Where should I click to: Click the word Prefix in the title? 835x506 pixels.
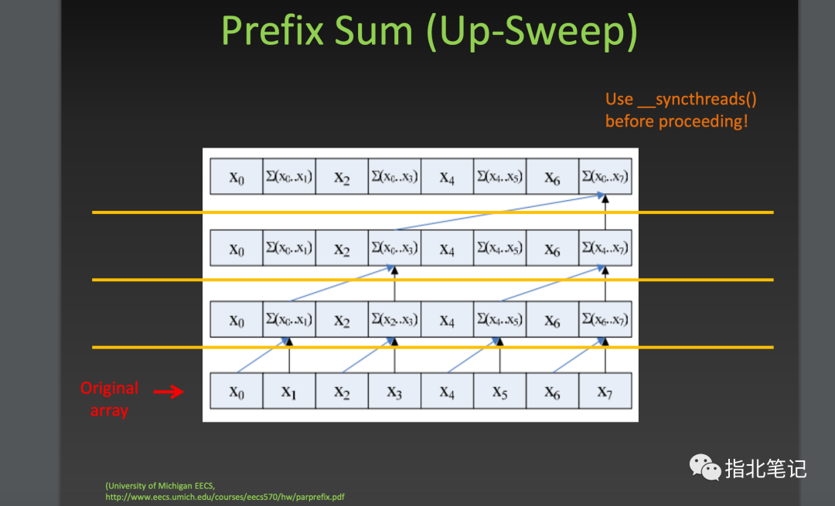tap(273, 31)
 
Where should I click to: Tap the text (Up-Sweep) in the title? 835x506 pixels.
tap(531, 32)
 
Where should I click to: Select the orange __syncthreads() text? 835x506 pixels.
tap(697, 100)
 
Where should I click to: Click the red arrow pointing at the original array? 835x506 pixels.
tap(169, 392)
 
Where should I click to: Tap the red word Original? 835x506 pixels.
tap(109, 389)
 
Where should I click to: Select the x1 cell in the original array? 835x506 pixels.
tap(289, 391)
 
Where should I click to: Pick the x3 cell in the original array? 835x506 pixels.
tap(394, 391)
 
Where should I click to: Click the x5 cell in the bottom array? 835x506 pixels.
tap(500, 391)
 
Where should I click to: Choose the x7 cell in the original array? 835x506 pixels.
tap(605, 391)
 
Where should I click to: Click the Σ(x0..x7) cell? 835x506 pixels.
tap(605, 176)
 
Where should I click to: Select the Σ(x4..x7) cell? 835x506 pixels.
tap(605, 248)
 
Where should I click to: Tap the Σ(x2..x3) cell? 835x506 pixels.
tap(394, 319)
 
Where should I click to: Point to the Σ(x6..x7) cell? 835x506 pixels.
tap(605, 319)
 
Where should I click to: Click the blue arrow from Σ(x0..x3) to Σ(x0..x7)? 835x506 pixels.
tap(499, 212)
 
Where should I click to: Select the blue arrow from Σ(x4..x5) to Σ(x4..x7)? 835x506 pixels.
tap(552, 284)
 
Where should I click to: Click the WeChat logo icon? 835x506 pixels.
tap(705, 467)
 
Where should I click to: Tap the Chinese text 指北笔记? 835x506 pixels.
tap(765, 469)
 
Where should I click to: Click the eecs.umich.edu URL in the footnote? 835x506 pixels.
tap(225, 497)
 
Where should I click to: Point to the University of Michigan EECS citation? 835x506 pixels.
tap(160, 486)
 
